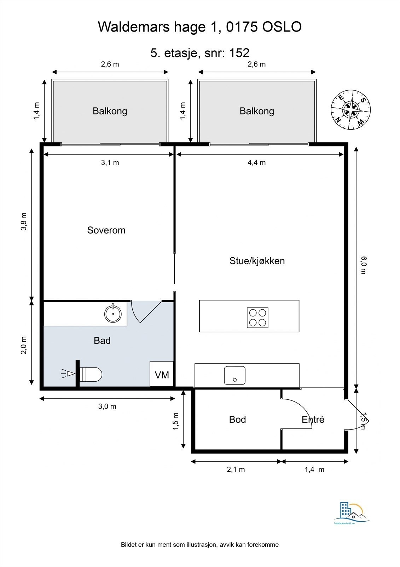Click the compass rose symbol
(351, 110)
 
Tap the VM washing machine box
(162, 374)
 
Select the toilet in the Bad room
(91, 374)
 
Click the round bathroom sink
(113, 314)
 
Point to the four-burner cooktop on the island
(257, 317)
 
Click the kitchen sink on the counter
(234, 375)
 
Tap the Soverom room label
(106, 230)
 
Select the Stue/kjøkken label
(257, 261)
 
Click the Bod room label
(237, 420)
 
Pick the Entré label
(313, 420)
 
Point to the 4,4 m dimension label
(257, 163)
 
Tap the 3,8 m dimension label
(24, 221)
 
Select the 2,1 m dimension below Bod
(236, 470)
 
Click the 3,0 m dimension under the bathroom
(107, 406)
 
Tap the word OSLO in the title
(282, 27)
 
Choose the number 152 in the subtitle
(239, 53)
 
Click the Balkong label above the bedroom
(110, 111)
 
